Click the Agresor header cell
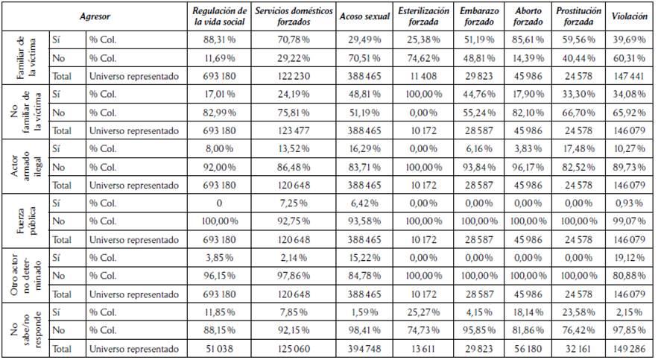tap(95, 16)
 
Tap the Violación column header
tap(629, 16)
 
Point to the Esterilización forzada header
tap(423, 16)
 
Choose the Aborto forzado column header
tap(528, 16)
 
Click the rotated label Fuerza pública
tap(25, 221)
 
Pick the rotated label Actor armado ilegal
tap(25, 166)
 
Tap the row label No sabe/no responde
tap(25, 329)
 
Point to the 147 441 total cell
tap(629, 75)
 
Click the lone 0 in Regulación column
tap(220, 202)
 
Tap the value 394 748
tap(364, 347)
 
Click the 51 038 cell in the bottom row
tap(220, 347)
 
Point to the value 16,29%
tap(364, 148)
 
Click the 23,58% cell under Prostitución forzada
tap(579, 311)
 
